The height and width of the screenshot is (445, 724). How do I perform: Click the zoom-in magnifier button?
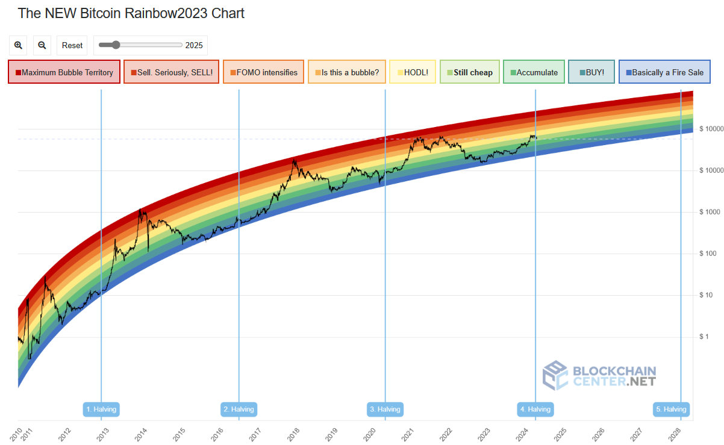click(18, 45)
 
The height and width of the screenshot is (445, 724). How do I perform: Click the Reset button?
click(72, 45)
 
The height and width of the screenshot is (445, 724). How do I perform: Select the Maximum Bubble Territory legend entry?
click(64, 72)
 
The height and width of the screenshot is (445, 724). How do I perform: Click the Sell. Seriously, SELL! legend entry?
click(171, 72)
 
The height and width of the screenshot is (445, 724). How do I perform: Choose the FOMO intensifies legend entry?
click(263, 72)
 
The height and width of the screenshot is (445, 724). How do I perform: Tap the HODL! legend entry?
click(412, 72)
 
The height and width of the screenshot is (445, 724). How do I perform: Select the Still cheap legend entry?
click(469, 72)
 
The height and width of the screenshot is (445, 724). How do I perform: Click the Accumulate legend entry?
click(534, 72)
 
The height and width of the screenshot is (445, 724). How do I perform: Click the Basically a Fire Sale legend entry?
click(664, 72)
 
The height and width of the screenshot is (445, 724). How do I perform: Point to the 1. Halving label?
click(101, 409)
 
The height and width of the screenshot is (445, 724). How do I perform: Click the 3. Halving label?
click(385, 409)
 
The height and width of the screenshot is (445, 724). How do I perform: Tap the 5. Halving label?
click(671, 409)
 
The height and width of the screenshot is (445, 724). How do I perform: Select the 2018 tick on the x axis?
click(293, 432)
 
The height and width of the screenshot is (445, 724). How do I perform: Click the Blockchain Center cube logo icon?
click(555, 375)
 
